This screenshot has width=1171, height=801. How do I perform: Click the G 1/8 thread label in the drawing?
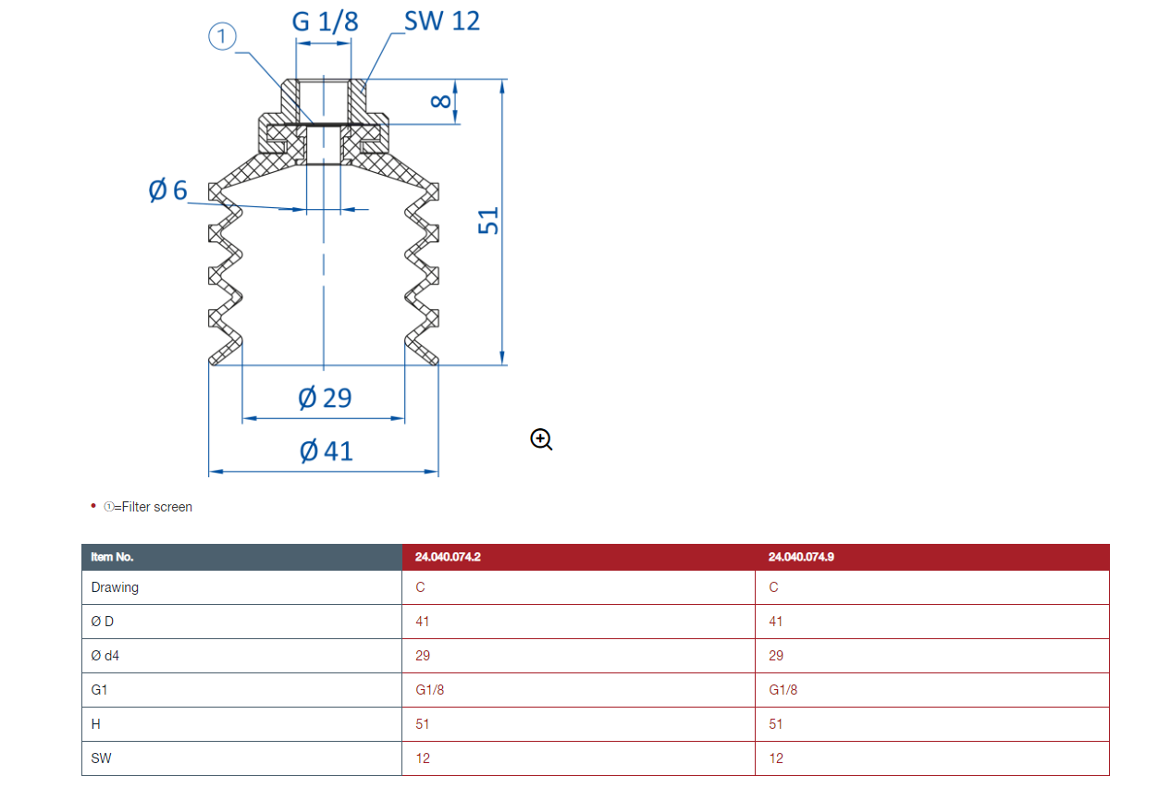pos(325,22)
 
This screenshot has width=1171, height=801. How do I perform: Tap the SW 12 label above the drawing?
pos(442,21)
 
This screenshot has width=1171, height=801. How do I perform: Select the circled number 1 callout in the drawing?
pos(222,36)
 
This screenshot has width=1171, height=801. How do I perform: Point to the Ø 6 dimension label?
pos(167,190)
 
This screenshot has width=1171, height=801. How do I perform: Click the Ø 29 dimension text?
pos(325,398)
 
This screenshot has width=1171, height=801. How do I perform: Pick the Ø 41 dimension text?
pos(327,450)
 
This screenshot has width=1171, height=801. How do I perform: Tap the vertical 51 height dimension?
pos(488,221)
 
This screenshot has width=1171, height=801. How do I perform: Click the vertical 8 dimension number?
pos(440,101)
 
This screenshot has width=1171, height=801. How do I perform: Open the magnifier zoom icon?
pos(541,439)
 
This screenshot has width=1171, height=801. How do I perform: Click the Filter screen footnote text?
pos(148,507)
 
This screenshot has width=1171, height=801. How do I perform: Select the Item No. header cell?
pos(242,557)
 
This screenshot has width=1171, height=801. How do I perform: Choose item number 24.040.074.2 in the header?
pos(448,557)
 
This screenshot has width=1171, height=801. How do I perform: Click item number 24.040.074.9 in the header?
pos(801,557)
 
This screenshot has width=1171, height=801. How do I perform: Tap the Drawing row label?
pos(115,587)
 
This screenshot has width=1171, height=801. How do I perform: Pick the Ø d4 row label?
pos(105,656)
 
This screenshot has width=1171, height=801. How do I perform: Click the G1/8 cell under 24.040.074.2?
pos(430,690)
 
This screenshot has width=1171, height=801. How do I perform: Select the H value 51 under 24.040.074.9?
pos(776,724)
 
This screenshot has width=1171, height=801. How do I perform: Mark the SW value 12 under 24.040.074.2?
pos(423,758)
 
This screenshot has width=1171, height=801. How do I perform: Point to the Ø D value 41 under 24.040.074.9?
pos(776,622)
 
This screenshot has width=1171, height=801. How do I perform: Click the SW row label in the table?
pos(101,758)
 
